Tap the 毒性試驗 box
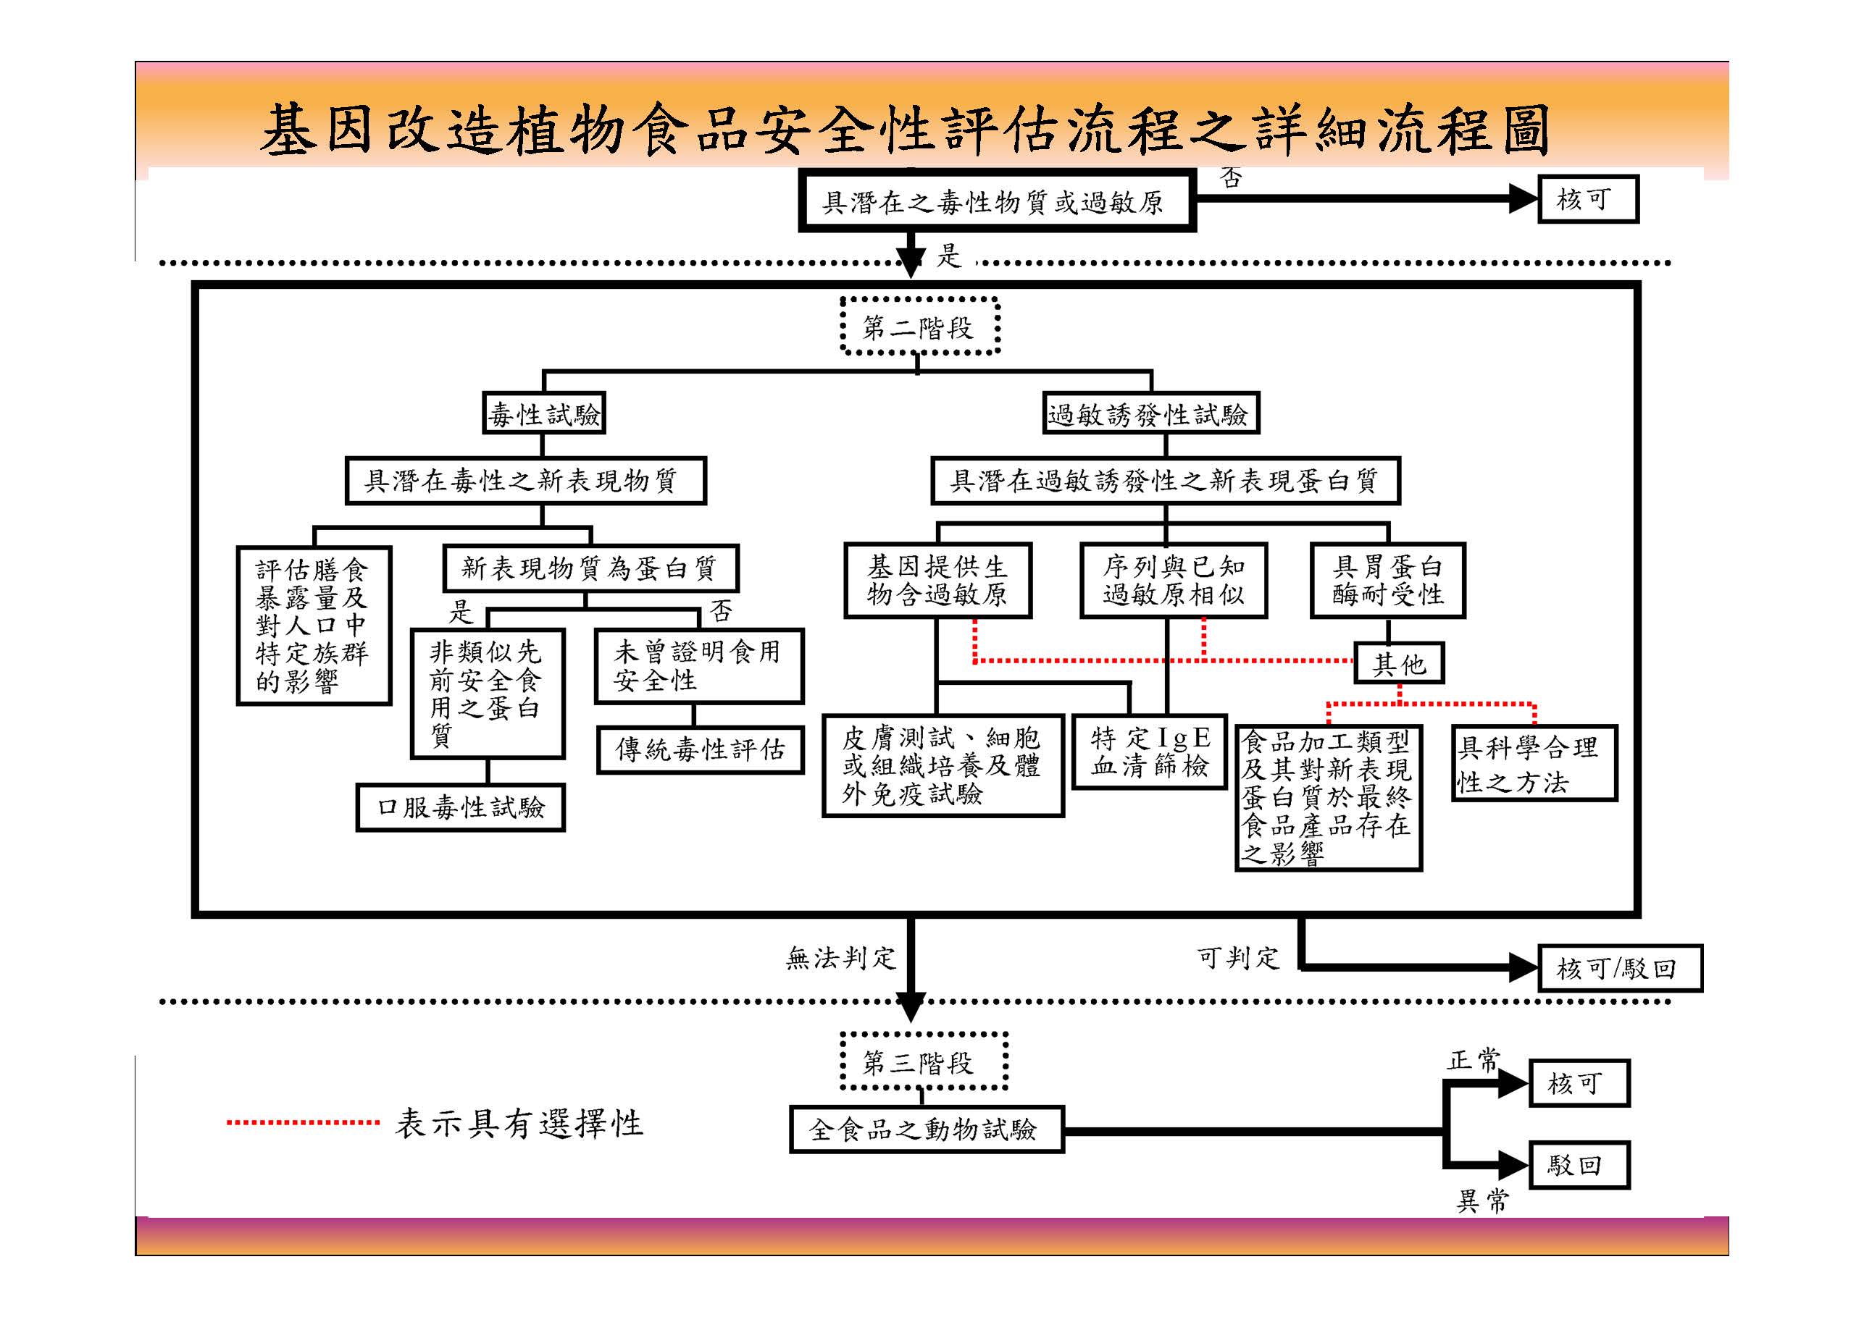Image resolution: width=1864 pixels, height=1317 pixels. click(544, 414)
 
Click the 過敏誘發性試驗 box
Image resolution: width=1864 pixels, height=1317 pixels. click(1150, 414)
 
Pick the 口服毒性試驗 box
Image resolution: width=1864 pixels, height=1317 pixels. click(460, 807)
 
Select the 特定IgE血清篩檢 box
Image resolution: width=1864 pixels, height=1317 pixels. click(1149, 752)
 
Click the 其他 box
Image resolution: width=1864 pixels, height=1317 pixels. click(1399, 664)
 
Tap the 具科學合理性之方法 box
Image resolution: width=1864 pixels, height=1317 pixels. click(1534, 764)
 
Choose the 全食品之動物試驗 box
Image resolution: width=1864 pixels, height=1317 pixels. click(926, 1129)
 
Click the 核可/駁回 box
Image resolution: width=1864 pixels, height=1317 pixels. click(1619, 968)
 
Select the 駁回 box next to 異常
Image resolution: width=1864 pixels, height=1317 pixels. click(1579, 1165)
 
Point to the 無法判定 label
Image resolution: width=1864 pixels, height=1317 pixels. click(840, 959)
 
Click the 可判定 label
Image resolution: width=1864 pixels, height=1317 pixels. click(1237, 959)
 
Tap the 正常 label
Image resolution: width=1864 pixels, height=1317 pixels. click(1473, 1060)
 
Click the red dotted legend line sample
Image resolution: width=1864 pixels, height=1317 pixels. click(303, 1123)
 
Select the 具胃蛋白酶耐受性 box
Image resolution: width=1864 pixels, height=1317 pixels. click(1387, 580)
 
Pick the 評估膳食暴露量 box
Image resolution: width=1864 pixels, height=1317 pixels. click(314, 625)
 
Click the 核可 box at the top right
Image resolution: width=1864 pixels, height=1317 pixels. click(1587, 199)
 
